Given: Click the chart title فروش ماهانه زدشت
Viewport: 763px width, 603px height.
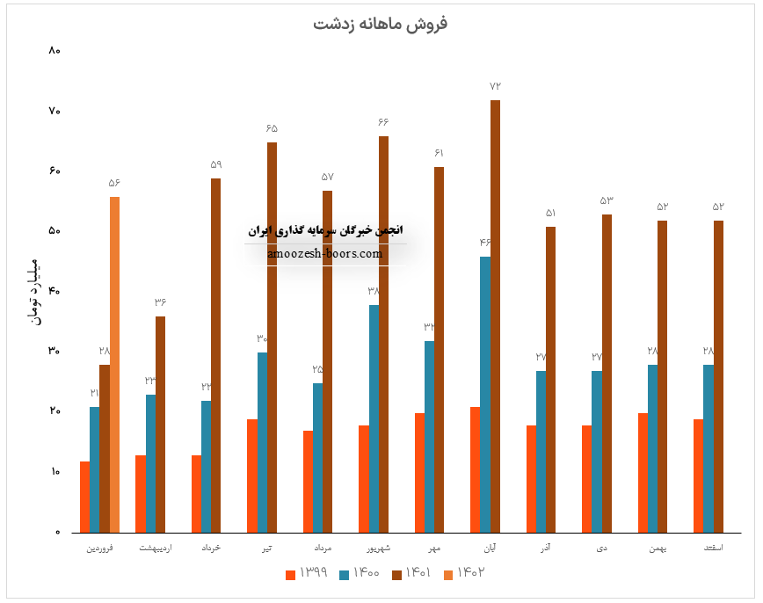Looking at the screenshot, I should pyautogui.click(x=380, y=23).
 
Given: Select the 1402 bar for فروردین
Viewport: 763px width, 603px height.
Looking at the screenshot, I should pyautogui.click(x=114, y=364).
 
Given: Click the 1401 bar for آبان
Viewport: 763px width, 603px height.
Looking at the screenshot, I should pyautogui.click(x=495, y=316).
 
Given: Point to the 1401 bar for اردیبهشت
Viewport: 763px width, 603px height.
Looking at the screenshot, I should pyautogui.click(x=160, y=424).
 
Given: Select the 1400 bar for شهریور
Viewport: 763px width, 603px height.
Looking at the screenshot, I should pyautogui.click(x=374, y=418).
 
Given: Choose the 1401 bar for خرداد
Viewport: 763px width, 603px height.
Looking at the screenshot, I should pyautogui.click(x=215, y=355).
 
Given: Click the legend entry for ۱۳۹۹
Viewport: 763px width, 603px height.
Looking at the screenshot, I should pyautogui.click(x=307, y=573).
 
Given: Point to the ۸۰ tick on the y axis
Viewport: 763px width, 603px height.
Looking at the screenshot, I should pyautogui.click(x=54, y=50).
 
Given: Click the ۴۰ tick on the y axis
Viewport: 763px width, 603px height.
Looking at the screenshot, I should pyautogui.click(x=54, y=291).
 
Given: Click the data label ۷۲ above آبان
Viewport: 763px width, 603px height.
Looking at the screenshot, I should pyautogui.click(x=495, y=86).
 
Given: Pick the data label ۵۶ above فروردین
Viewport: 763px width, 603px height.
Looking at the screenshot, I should pyautogui.click(x=114, y=183).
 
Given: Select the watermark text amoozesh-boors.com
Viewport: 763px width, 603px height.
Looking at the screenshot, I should pyautogui.click(x=326, y=253).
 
